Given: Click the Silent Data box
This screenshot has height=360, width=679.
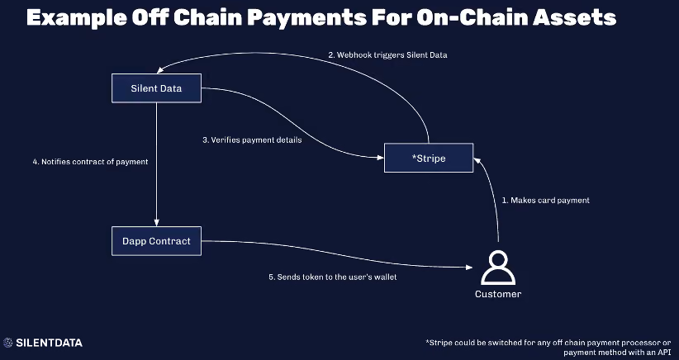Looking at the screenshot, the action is [156, 88].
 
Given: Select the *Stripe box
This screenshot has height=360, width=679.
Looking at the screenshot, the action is [429, 158].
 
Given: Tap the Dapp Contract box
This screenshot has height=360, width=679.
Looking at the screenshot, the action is [156, 241].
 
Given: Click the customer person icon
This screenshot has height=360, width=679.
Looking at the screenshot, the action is [498, 268].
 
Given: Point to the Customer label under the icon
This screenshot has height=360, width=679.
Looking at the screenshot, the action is [498, 294].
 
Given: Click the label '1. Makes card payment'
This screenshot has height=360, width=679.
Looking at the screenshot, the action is [546, 201].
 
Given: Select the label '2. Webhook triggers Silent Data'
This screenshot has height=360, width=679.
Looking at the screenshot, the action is [387, 55].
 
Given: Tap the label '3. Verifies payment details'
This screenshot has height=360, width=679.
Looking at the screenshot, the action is [252, 140].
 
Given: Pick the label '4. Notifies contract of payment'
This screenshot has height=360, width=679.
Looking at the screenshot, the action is [91, 162].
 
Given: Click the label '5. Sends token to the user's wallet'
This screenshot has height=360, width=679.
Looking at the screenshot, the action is [333, 277].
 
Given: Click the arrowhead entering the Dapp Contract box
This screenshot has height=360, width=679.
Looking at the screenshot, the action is [156, 222].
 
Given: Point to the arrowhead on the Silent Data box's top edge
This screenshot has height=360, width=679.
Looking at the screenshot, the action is [160, 70].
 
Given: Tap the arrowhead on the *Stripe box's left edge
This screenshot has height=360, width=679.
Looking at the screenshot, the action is [380, 158].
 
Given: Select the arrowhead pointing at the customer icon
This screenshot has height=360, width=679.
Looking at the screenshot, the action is [468, 268].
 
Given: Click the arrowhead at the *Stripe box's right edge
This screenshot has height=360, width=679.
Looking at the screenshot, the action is [477, 160].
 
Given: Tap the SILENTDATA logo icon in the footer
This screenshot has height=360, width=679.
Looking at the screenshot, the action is [7, 343].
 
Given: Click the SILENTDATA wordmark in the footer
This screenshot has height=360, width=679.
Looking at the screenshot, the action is [49, 343].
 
